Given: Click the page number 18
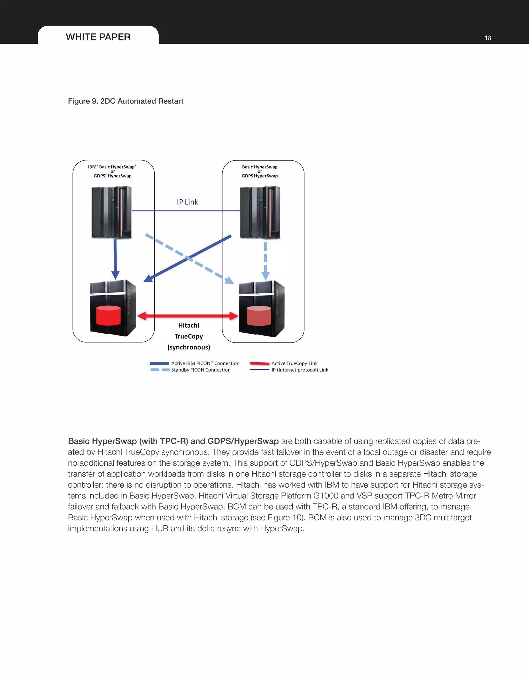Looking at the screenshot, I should pos(488,38).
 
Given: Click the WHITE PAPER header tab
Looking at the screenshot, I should pos(98,37).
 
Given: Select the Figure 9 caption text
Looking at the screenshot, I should pos(126,101).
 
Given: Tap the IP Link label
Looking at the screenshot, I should pos(188,202).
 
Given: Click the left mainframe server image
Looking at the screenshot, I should pos(112,212).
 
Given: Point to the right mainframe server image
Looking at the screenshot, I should pos(260,212).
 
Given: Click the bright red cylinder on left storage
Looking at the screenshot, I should pos(108,315).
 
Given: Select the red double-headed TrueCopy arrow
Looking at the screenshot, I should pos(188,316).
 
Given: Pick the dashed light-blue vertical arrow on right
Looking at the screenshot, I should pos(265,261).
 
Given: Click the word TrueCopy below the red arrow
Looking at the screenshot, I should pos(189,336).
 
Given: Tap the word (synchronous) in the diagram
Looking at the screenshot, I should pos(189,347).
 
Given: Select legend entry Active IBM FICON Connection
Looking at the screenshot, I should pos(205,363).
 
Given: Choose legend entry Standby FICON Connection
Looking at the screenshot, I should pos(200,370).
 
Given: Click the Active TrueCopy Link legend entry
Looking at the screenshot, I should pos(294,363).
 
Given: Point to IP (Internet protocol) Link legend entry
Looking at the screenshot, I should pos(300,370).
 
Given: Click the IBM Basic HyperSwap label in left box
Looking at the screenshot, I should pos(112,167).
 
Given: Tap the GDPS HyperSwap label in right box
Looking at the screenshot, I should pos(260,176).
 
